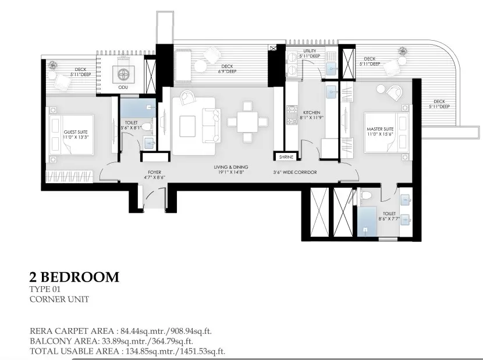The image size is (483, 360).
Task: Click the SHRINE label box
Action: [x=286, y=157]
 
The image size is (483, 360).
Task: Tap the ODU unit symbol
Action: [x=123, y=74]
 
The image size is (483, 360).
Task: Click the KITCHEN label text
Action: [x=311, y=113]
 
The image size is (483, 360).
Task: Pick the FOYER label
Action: [x=154, y=172]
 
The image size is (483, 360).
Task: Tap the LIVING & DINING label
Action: [x=230, y=167]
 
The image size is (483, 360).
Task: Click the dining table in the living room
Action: [x=247, y=122]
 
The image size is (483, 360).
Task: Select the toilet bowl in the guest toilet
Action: [x=148, y=127]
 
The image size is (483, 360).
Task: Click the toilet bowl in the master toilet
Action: [x=366, y=195]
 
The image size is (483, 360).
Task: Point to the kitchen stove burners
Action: [x=291, y=115]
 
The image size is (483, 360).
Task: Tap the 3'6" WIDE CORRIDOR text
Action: [x=295, y=173]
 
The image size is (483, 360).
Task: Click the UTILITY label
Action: [x=309, y=51]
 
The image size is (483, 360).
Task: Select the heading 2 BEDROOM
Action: [x=74, y=277]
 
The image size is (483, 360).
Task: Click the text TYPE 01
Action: [x=45, y=289]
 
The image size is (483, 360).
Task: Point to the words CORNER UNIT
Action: [x=59, y=300]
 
